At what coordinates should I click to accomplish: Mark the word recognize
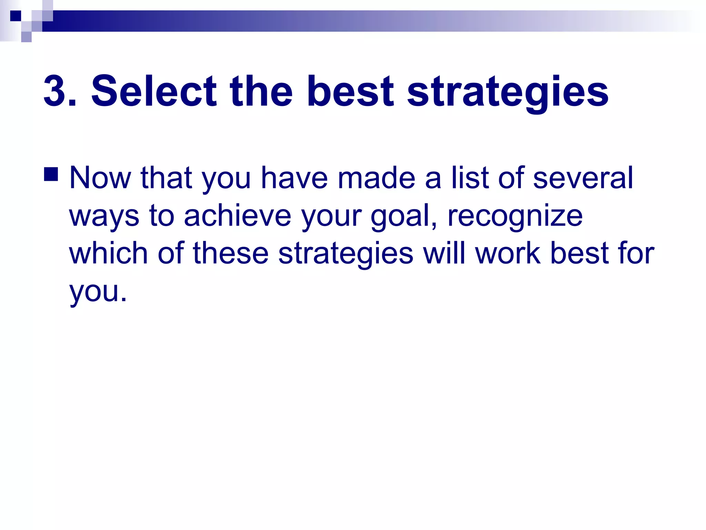click(515, 216)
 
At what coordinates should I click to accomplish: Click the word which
click(109, 253)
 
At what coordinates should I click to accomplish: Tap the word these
click(231, 253)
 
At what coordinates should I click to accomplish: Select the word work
click(508, 253)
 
